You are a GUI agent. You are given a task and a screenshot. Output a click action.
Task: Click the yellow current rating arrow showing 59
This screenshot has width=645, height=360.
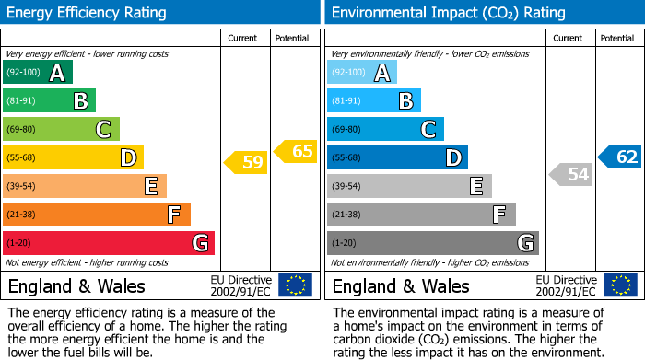pyautogui.click(x=245, y=163)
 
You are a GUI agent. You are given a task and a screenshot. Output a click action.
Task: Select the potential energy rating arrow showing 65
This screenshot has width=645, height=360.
pyautogui.click(x=295, y=151)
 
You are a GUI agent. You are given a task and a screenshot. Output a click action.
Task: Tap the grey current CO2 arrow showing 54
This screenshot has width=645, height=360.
pyautogui.click(x=570, y=174)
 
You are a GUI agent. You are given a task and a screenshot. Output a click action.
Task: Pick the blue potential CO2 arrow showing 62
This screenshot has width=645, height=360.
pyautogui.click(x=620, y=157)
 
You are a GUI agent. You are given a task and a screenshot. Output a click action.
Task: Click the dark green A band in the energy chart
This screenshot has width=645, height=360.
pyautogui.click(x=38, y=73)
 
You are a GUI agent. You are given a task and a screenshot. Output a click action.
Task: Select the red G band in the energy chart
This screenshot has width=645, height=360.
pyautogui.click(x=109, y=243)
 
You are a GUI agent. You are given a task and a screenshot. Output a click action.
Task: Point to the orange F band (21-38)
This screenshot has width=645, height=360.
pyautogui.click(x=97, y=215)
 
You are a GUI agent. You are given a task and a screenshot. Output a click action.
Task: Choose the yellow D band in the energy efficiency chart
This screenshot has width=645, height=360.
pyautogui.click(x=73, y=157)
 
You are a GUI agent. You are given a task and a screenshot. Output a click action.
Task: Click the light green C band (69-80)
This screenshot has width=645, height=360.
pyautogui.click(x=61, y=129)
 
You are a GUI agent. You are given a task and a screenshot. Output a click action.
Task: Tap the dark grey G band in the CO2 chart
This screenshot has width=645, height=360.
pyautogui.click(x=432, y=243)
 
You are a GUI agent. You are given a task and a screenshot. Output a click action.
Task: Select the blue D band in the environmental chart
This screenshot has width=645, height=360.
pyautogui.click(x=397, y=157)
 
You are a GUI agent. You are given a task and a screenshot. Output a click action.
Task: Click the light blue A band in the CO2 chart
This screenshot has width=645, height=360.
pyautogui.click(x=362, y=73)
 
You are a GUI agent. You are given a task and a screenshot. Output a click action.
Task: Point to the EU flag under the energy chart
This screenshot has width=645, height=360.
pyautogui.click(x=295, y=285)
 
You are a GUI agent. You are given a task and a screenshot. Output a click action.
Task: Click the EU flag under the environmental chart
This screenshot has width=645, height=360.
pyautogui.click(x=619, y=285)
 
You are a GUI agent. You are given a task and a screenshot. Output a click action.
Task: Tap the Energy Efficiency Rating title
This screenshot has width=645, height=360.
pyautogui.click(x=88, y=13)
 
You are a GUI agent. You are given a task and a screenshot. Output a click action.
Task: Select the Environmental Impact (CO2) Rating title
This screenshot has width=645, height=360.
pyautogui.click(x=448, y=13)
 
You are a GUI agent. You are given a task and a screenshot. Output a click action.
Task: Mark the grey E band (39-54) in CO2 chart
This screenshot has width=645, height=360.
pyautogui.click(x=409, y=186)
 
